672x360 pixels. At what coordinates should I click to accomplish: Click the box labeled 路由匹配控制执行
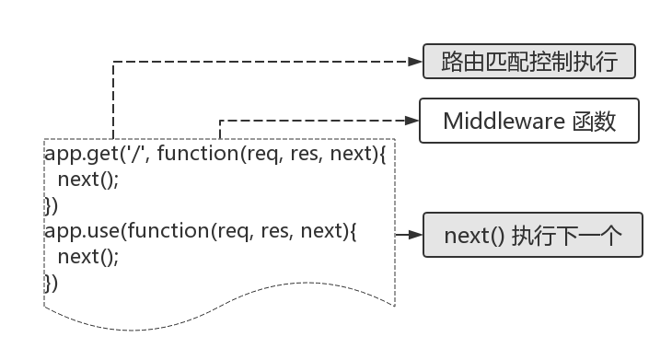coord(529,63)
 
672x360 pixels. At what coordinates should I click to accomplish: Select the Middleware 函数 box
coord(529,121)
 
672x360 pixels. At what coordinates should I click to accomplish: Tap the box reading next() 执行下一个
coord(532,235)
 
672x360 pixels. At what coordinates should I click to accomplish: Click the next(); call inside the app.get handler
coord(87,179)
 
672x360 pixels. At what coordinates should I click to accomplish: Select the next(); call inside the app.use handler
coord(87,257)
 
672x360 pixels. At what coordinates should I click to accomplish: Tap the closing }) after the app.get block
coord(52,204)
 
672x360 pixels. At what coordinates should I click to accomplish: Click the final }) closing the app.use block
coord(52,283)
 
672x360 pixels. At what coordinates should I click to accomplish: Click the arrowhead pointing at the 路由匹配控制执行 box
coord(414,63)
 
